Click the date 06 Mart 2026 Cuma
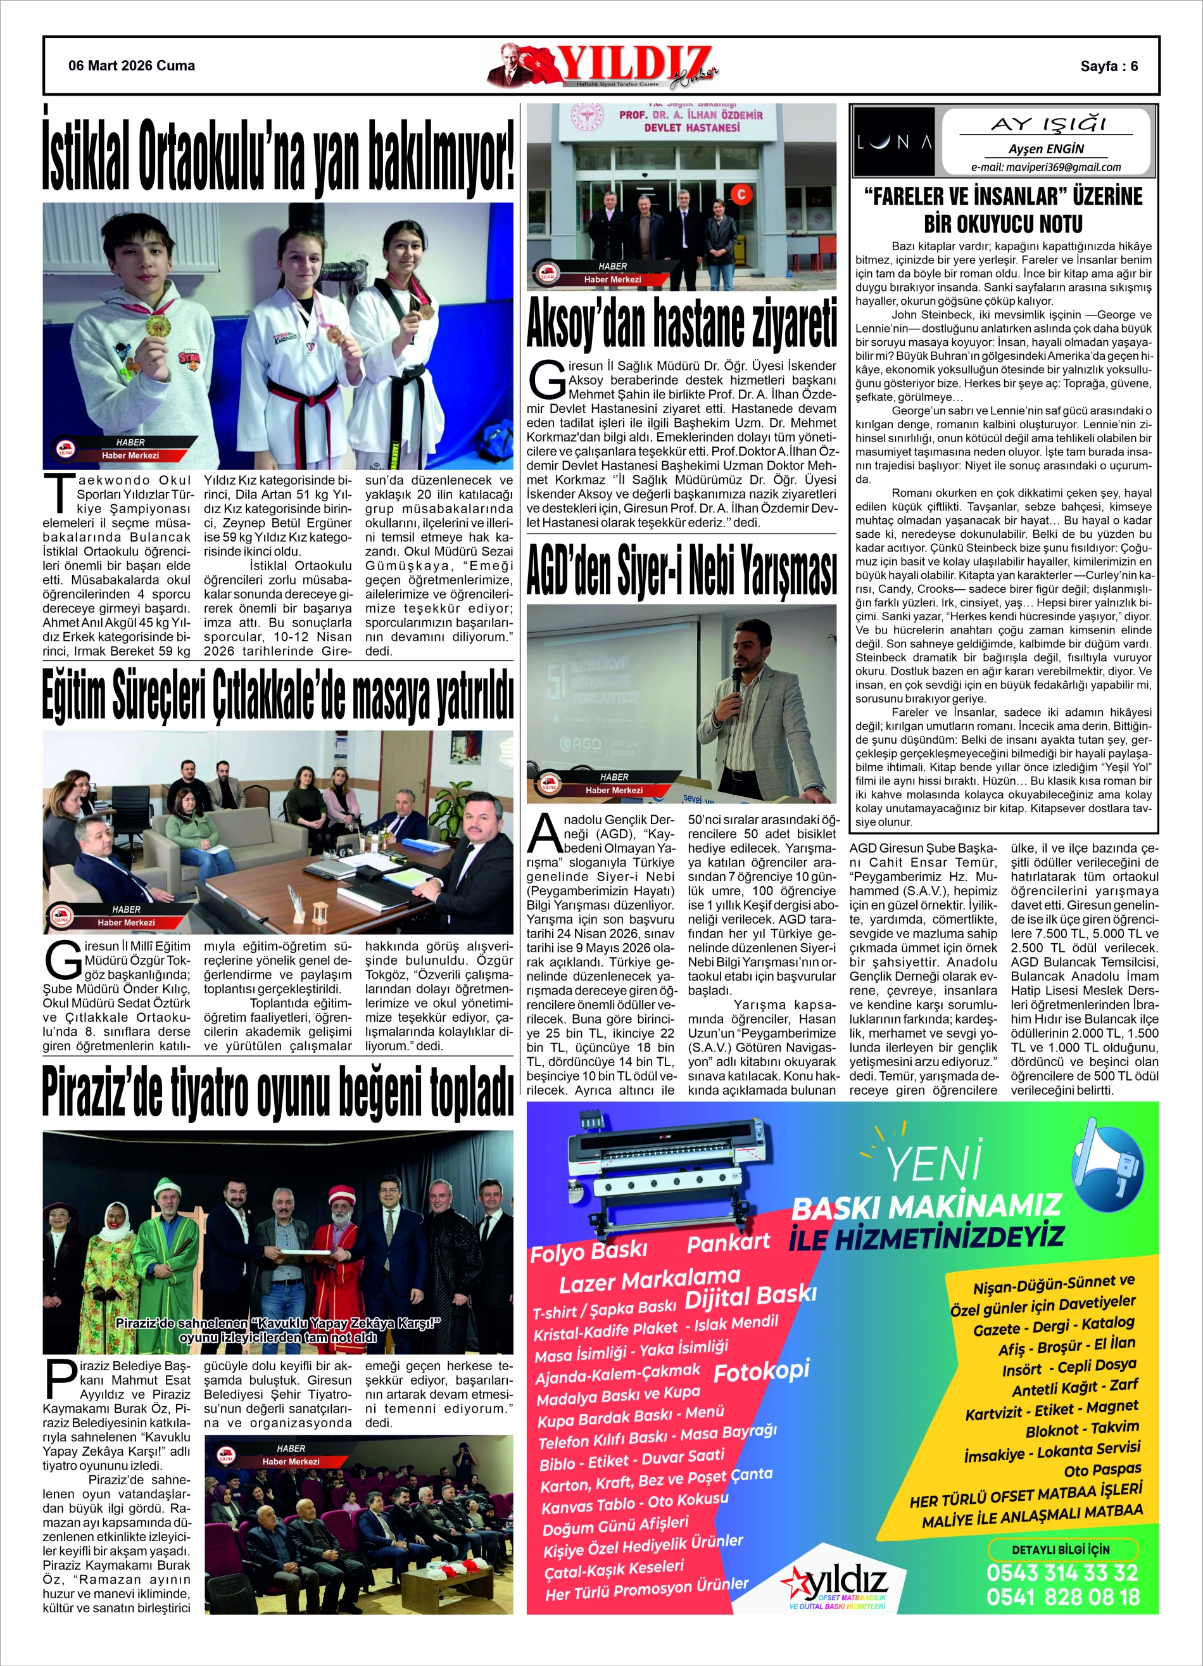(x=132, y=66)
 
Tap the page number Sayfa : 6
(x=1108, y=66)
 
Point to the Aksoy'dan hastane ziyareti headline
(x=681, y=322)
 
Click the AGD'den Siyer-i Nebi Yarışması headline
(x=681, y=569)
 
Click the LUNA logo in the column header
(x=894, y=142)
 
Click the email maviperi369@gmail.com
(x=1046, y=167)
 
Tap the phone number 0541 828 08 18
(x=1062, y=1597)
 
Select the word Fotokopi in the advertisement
(x=761, y=1370)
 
